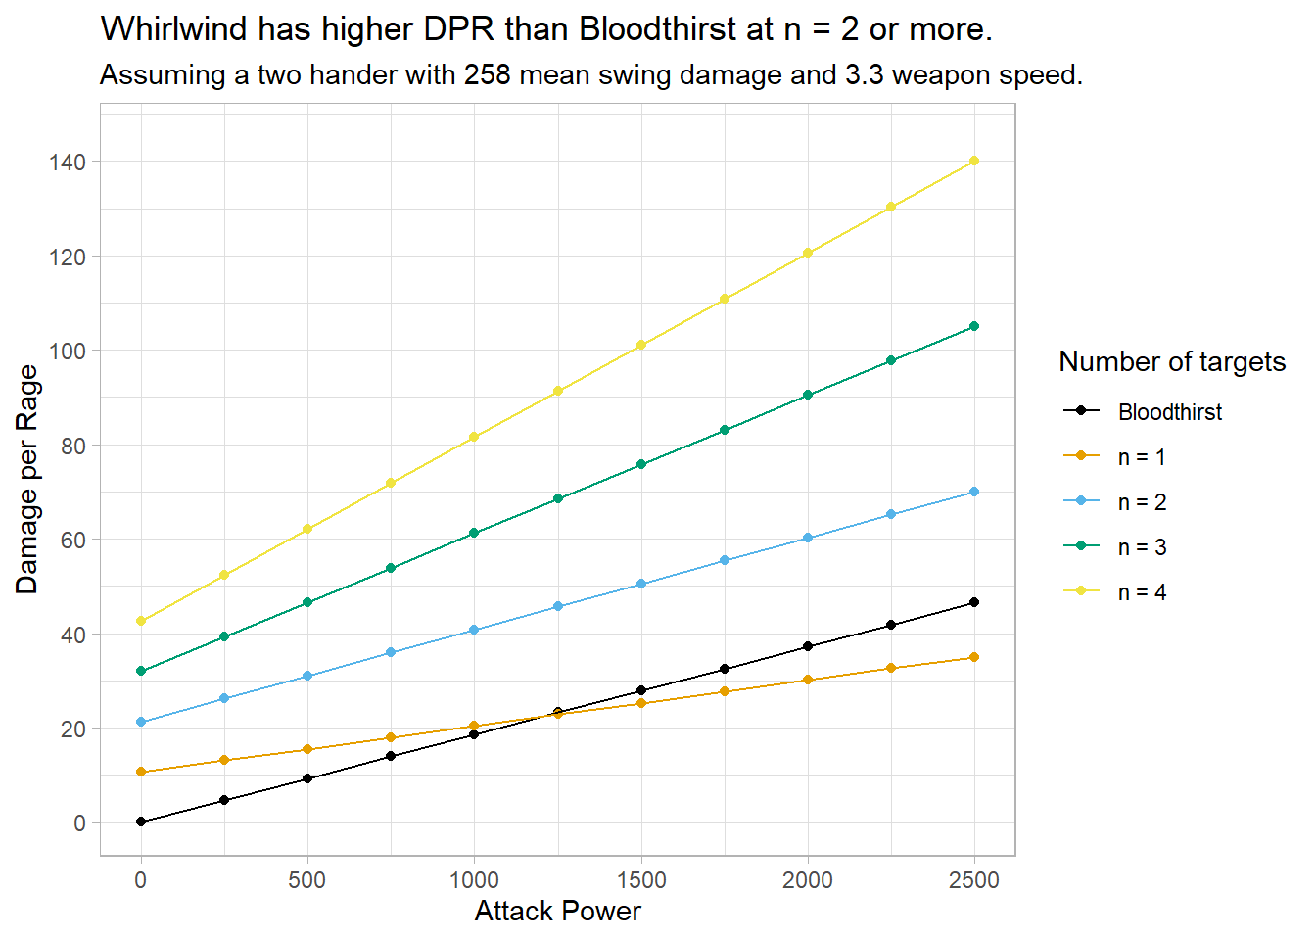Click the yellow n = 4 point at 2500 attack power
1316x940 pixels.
(974, 161)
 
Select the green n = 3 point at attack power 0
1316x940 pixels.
(141, 671)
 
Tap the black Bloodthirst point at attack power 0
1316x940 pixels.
(141, 822)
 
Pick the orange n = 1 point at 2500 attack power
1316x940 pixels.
(974, 657)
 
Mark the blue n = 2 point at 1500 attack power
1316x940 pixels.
(641, 584)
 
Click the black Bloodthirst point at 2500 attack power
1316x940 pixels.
(974, 602)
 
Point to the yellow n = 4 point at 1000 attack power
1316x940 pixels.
(474, 437)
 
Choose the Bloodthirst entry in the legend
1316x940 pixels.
(1169, 412)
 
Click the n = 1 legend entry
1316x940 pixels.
(1142, 457)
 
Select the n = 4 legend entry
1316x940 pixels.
(1142, 592)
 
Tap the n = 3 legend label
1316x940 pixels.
(1142, 547)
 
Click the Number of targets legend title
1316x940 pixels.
(1172, 361)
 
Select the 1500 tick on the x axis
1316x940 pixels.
(641, 880)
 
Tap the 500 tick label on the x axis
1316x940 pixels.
(307, 880)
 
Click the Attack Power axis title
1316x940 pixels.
(557, 912)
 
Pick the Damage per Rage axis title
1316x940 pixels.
(27, 479)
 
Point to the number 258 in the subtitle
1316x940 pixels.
(487, 75)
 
